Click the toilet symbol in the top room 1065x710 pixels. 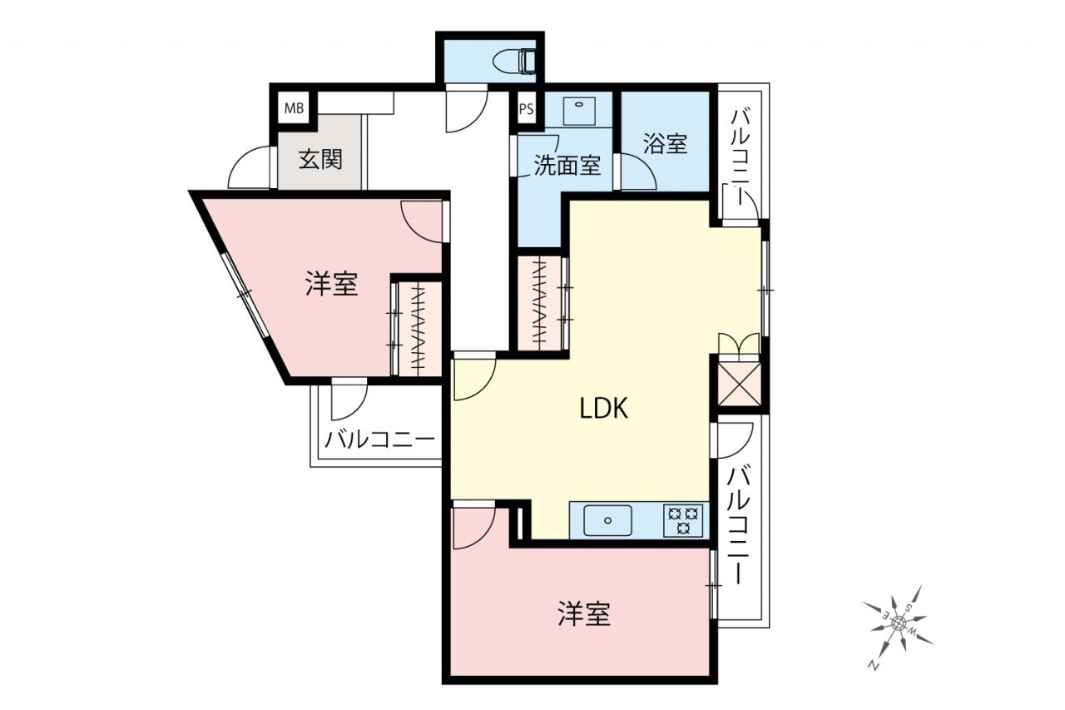point(515,62)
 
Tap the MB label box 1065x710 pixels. point(294,108)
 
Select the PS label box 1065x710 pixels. point(527,109)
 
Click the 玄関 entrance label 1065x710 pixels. point(320,159)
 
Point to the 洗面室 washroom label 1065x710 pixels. point(567,165)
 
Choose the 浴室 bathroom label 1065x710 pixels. point(665,143)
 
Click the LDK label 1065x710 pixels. point(604,408)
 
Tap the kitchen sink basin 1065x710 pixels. point(607,520)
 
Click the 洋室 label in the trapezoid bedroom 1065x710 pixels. point(331,284)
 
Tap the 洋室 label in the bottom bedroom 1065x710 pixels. point(584,613)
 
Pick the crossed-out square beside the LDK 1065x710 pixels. point(738,385)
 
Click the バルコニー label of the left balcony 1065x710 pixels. point(379,439)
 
